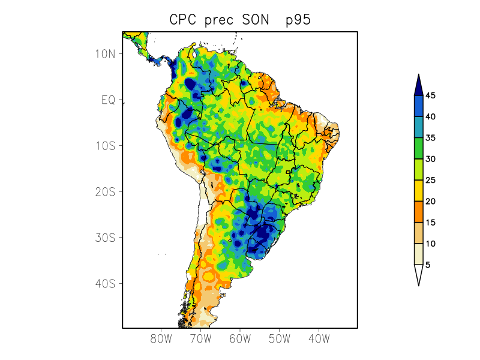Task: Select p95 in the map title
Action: click(x=298, y=20)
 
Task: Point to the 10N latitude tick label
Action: click(x=105, y=53)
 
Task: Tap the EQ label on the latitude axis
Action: click(x=108, y=100)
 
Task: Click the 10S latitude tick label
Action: click(x=105, y=146)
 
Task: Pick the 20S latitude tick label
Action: click(x=105, y=191)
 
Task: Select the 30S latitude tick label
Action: click(x=105, y=238)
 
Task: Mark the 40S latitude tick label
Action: click(x=105, y=283)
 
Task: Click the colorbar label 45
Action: click(x=431, y=96)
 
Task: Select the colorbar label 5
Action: click(x=428, y=265)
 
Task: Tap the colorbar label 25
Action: click(x=431, y=180)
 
